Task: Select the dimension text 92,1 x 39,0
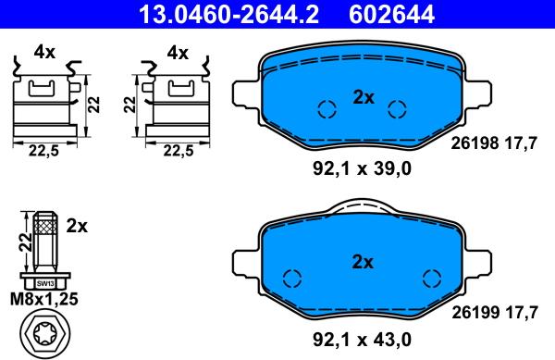coord(360,168)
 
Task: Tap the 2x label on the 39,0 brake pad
coord(362,96)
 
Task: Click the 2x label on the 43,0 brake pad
coord(362,262)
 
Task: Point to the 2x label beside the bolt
coord(77,225)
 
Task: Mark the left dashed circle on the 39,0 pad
coord(325,109)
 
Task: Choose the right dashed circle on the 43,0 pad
coord(430,277)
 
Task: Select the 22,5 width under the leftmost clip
coord(43,152)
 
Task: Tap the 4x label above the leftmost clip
coord(44,53)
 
